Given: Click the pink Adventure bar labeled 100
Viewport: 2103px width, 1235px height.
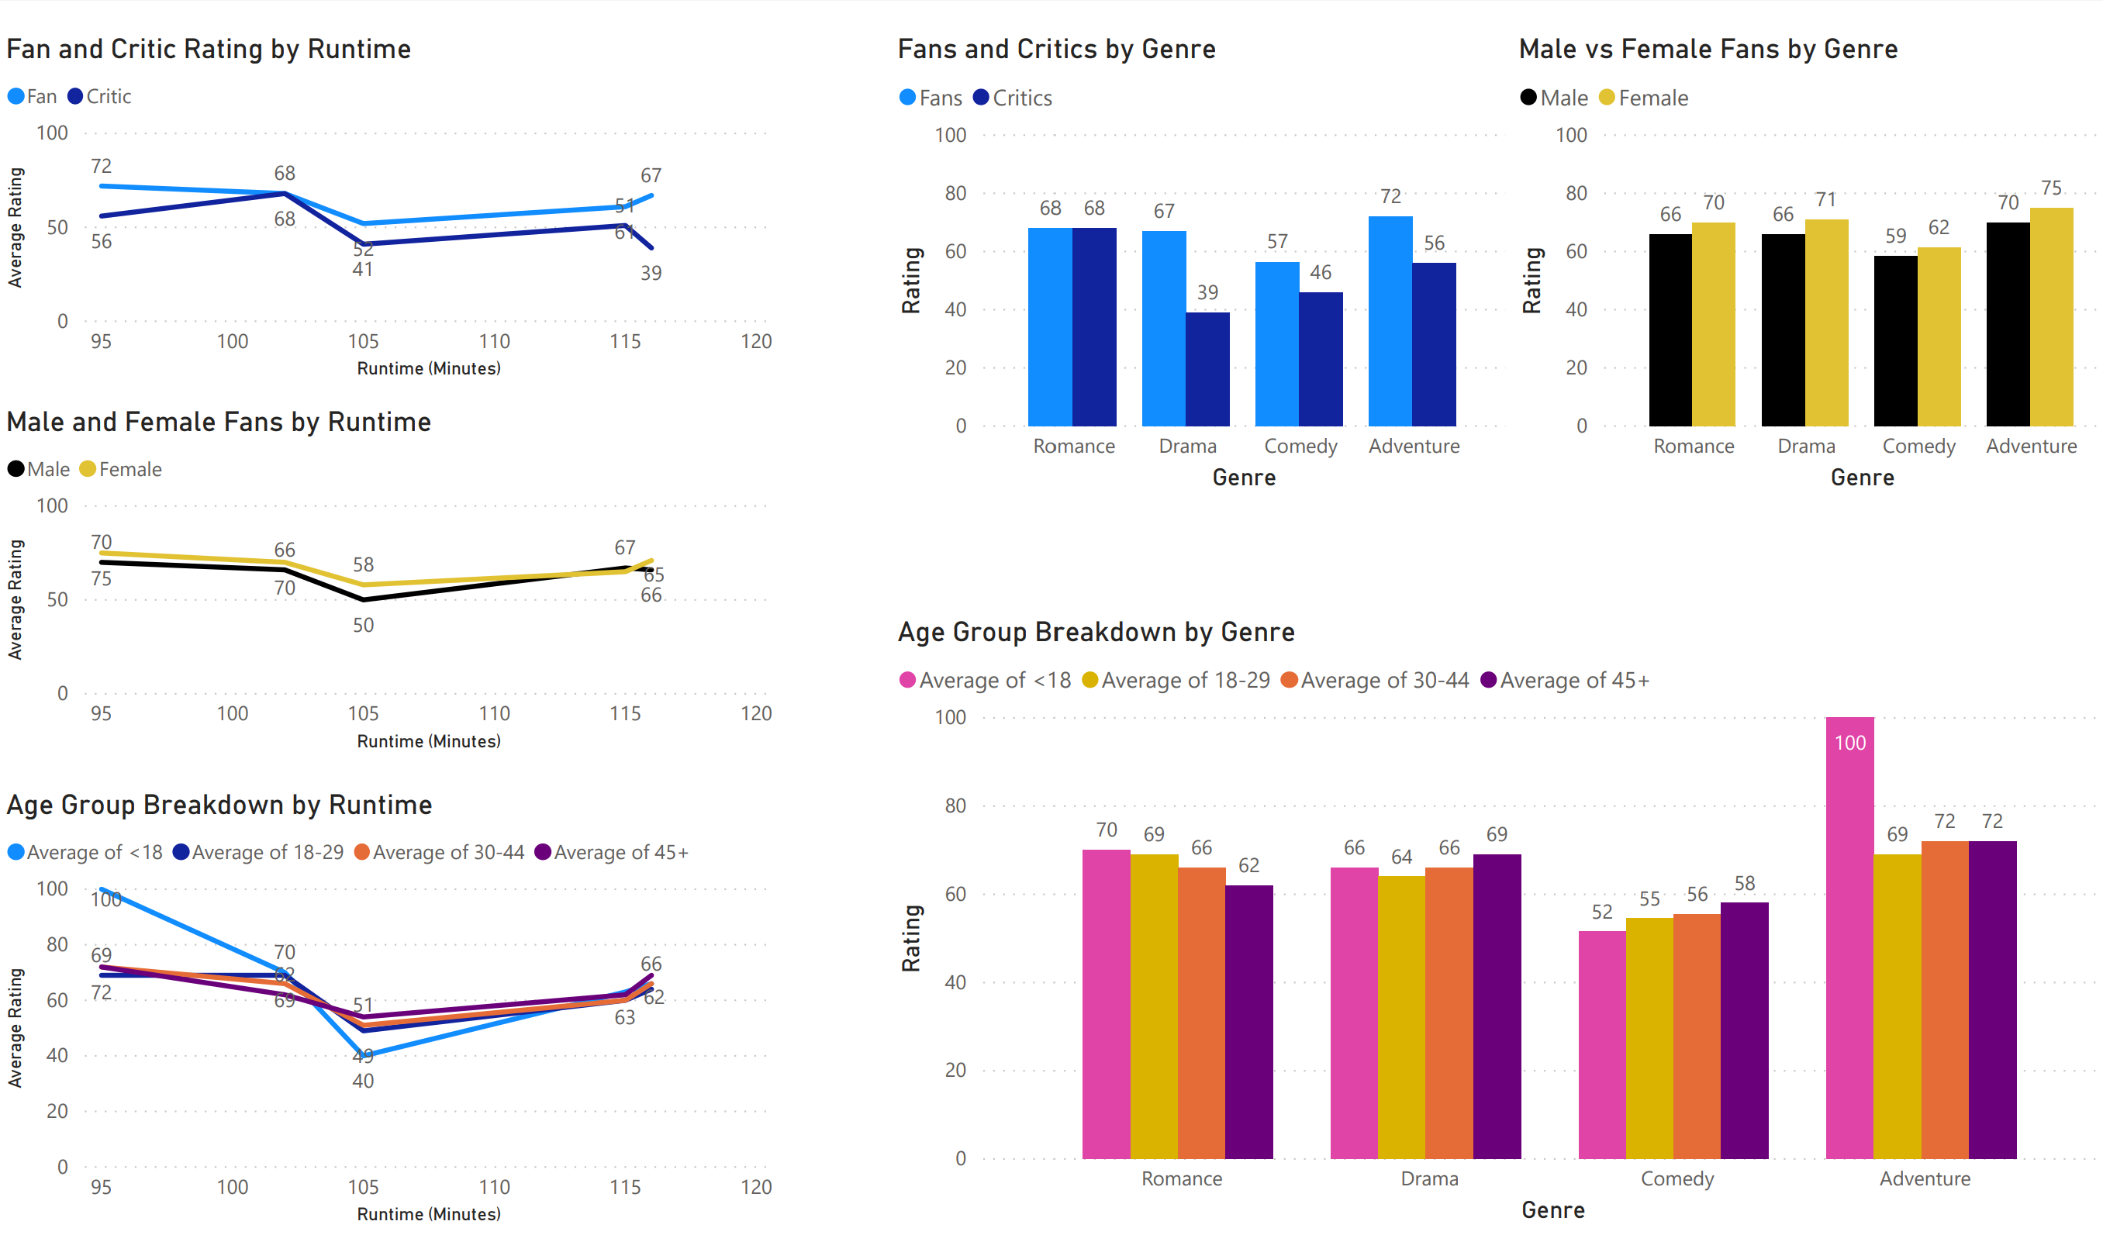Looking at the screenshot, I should coord(1849,939).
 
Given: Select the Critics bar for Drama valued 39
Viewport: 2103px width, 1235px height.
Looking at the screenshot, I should coord(1207,369).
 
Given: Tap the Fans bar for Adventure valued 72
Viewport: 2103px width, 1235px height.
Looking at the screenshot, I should coord(1390,321).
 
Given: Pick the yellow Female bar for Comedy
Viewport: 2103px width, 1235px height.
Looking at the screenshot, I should coord(1939,336).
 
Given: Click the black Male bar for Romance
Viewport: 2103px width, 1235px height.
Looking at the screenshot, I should coord(1670,329).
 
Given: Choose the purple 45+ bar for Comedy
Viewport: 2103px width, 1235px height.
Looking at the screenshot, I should coord(1744,1030).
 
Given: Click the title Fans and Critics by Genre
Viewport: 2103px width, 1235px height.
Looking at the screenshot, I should coord(1055,50).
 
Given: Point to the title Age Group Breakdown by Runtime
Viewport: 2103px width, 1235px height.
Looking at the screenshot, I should coord(219,805).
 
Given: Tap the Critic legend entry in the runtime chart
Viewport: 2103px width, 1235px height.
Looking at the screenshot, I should coord(109,97).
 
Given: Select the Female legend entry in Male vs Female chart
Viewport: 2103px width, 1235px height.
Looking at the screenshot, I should coord(1652,98).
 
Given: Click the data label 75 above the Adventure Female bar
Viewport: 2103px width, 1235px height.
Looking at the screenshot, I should coord(2050,188).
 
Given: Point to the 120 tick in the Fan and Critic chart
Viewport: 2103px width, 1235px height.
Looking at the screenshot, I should coord(756,341).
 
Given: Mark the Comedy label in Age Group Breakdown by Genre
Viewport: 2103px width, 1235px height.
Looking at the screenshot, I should coord(1677,1178).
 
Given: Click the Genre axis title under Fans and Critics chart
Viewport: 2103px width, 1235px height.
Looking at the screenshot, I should coord(1244,478).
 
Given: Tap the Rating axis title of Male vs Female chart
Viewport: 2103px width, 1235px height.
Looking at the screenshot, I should coord(1531,281).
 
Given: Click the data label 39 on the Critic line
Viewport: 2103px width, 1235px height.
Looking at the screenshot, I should coord(651,273).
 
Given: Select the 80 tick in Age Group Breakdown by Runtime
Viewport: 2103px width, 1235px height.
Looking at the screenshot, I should coord(57,943).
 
